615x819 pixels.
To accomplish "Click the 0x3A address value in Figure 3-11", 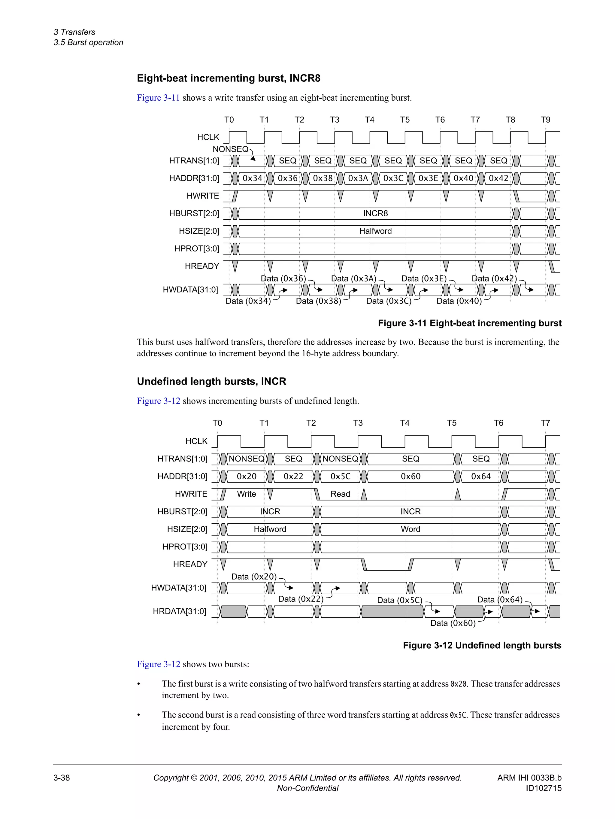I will [358, 178].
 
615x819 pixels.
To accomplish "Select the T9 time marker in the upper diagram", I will [545, 120].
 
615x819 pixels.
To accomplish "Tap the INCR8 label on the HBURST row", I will [375, 214].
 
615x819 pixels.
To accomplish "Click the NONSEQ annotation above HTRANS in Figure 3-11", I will [230, 149].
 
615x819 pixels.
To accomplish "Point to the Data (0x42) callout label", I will [494, 279].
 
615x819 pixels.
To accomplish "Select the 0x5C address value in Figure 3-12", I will [340, 476].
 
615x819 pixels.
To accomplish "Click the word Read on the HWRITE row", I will [340, 494].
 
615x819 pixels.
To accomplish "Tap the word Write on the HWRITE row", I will [247, 494].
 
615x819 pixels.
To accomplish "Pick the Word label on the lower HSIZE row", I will [411, 529].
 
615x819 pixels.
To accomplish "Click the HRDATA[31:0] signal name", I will [180, 611].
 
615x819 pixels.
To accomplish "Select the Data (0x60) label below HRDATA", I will [453, 623].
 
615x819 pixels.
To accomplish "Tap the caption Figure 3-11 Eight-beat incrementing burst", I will [469, 323].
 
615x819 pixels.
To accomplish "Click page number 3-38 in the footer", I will [62, 778].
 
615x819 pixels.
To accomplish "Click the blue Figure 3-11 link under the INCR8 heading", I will [158, 98].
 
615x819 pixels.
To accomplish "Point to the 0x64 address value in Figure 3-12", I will [481, 476].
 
